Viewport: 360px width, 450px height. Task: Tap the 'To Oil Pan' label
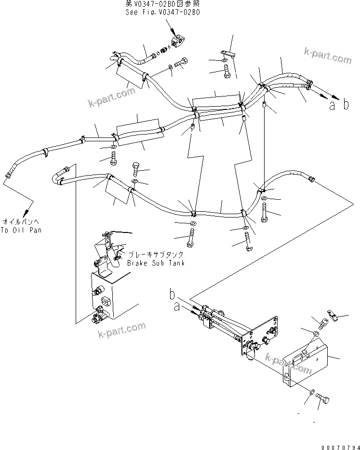(x=21, y=230)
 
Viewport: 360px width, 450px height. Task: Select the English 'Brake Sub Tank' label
(x=156, y=263)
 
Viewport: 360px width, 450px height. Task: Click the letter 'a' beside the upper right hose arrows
(x=332, y=106)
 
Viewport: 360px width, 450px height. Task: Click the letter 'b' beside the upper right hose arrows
(x=346, y=105)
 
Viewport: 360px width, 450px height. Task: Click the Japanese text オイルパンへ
(x=21, y=221)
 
